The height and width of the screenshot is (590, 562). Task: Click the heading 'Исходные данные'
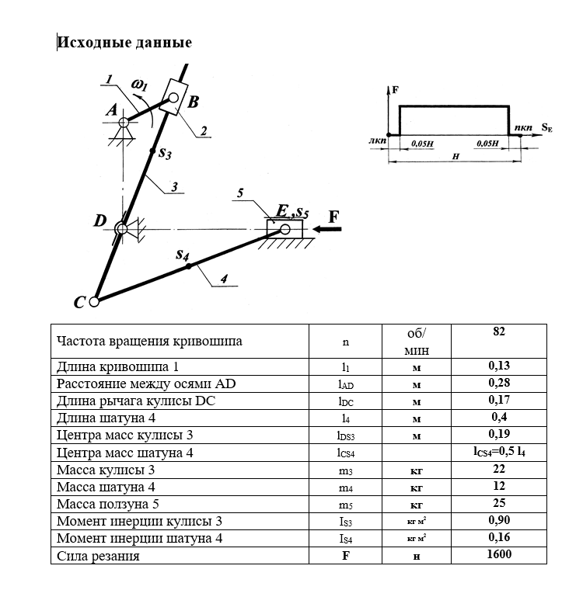point(124,42)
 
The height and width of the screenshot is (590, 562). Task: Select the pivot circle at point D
point(121,228)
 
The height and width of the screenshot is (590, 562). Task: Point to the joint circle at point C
point(94,301)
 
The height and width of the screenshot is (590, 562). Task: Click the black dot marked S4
point(187,267)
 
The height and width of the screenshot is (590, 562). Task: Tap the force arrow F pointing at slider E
point(323,229)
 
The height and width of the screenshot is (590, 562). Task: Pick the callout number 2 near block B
point(202,133)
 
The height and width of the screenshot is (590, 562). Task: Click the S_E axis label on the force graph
point(546,128)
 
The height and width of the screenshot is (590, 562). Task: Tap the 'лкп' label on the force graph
point(377,142)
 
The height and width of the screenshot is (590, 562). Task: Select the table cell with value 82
point(498,331)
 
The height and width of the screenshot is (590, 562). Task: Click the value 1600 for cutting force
point(498,554)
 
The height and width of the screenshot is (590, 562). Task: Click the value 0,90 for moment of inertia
point(498,521)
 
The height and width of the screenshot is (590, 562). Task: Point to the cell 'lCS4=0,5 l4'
point(498,452)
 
